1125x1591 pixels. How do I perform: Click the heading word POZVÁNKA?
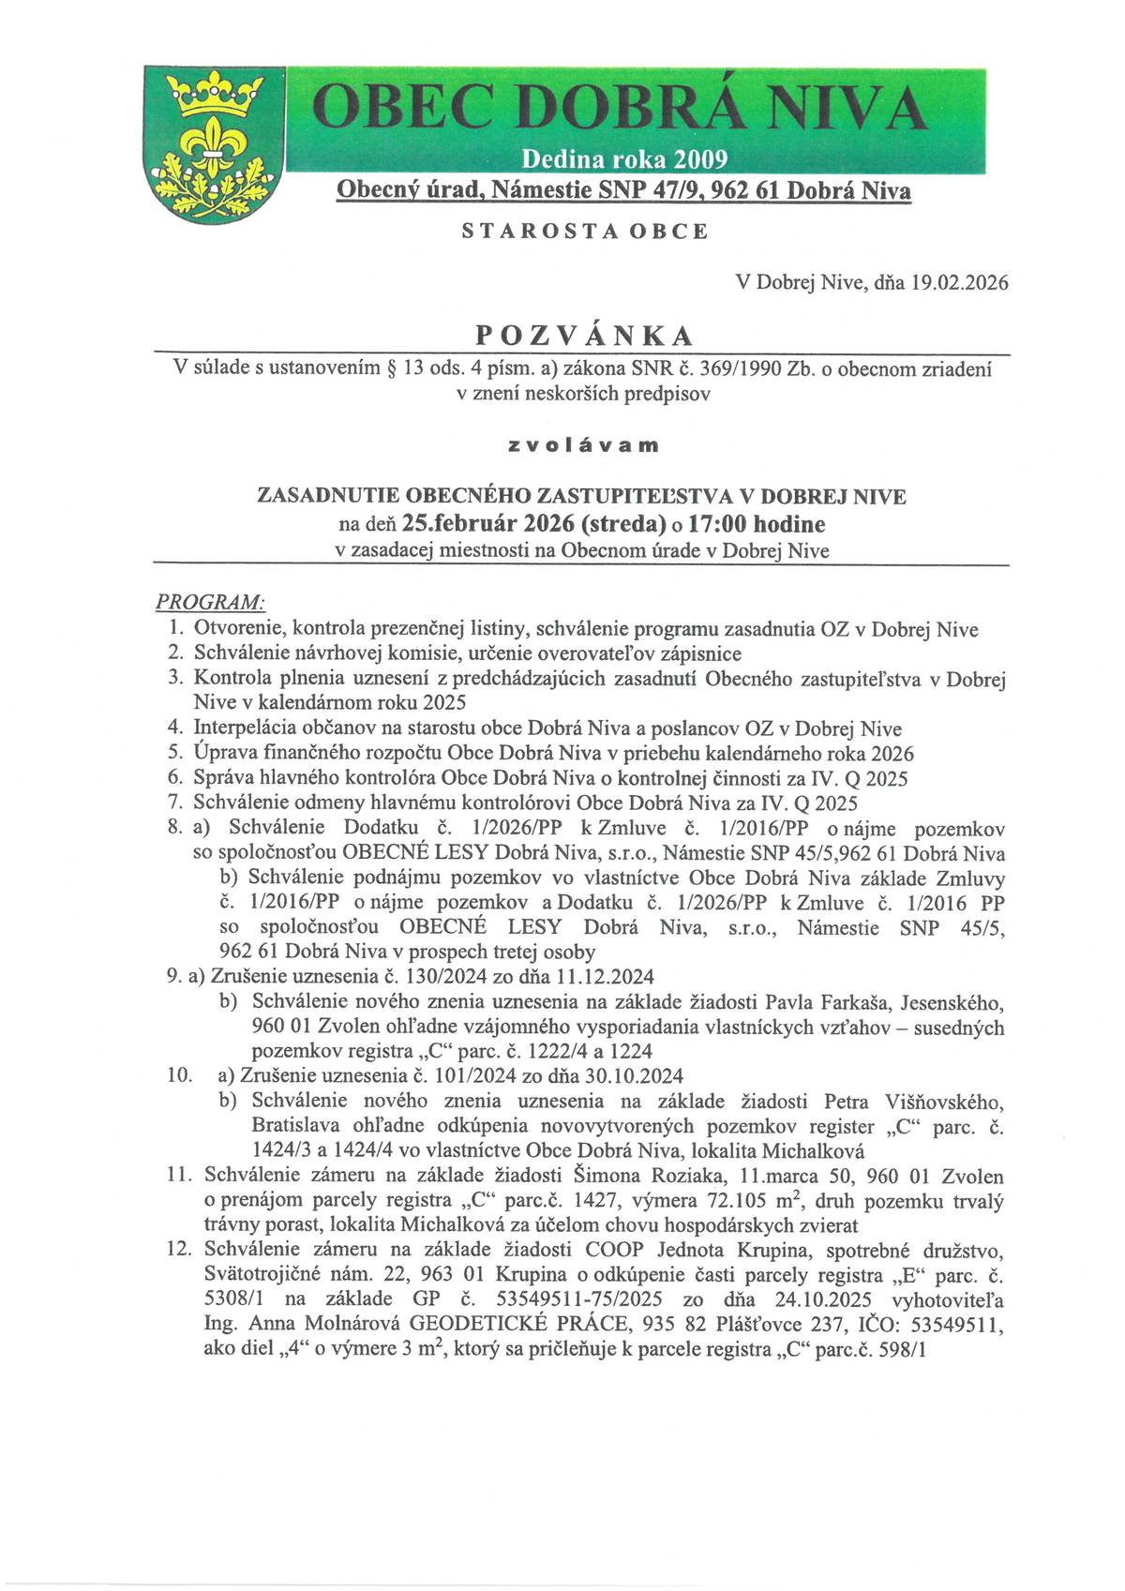(585, 336)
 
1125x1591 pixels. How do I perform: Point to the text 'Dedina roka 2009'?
(623, 158)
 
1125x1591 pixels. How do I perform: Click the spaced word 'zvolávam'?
(583, 445)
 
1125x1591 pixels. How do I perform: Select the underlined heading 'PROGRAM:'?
(210, 600)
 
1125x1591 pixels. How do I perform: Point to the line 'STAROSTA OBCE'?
(585, 232)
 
